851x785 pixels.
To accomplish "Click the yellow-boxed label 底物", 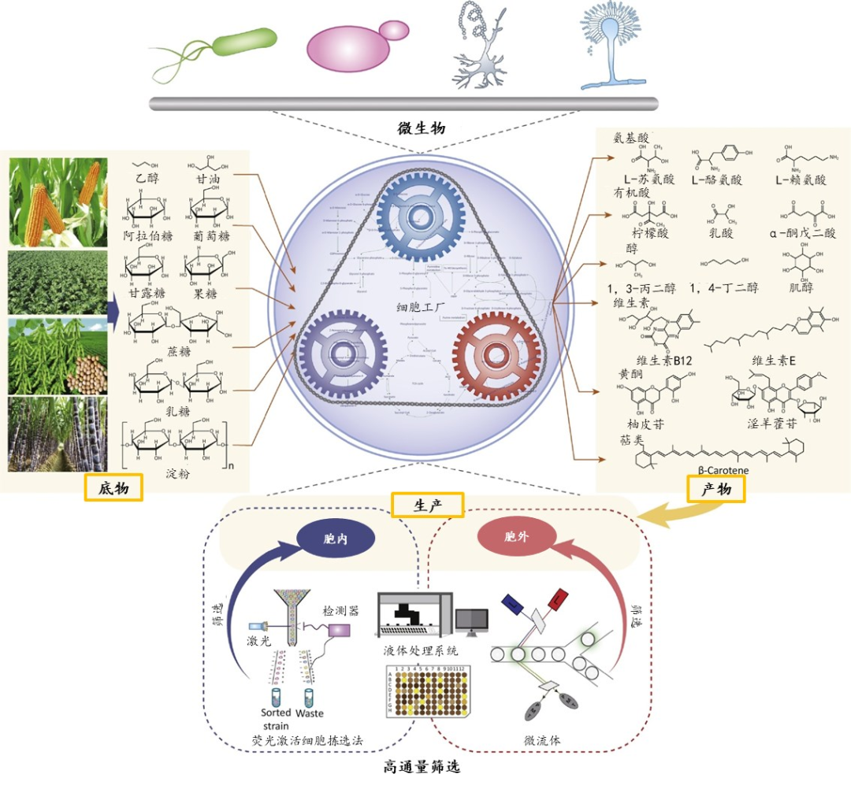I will [x=113, y=488].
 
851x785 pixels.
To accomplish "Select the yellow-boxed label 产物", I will [x=715, y=490].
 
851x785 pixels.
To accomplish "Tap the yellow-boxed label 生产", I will [x=427, y=505].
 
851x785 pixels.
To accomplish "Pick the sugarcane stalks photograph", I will [x=58, y=434].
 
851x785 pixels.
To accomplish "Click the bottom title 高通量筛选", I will [x=422, y=765].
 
